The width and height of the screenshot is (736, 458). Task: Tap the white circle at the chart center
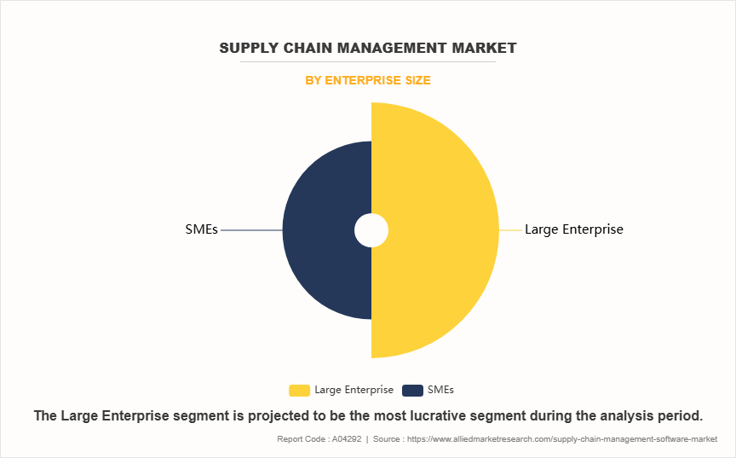(x=371, y=230)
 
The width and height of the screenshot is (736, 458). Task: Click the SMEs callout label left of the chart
(x=201, y=229)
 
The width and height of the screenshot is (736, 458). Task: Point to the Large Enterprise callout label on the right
(x=573, y=229)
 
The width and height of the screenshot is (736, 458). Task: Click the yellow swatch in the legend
(x=299, y=390)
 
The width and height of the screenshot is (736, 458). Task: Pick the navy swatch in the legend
(x=412, y=390)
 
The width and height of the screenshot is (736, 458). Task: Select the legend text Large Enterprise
(x=354, y=390)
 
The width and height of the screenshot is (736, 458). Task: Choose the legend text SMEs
(x=440, y=390)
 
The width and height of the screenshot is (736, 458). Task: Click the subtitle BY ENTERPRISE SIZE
(x=368, y=80)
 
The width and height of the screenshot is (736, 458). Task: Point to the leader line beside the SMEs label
(x=251, y=230)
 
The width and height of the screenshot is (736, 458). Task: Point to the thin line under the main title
(x=368, y=62)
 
